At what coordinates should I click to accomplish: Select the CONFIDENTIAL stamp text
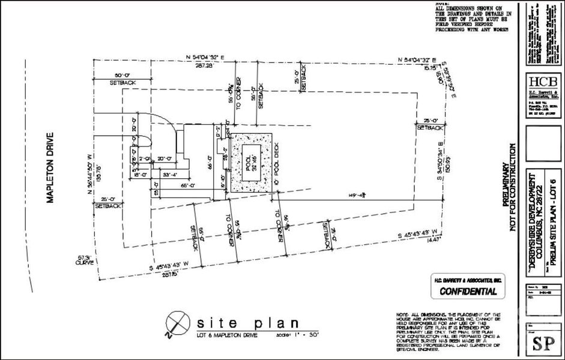pyautogui.click(x=468, y=292)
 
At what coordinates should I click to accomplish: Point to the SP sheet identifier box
pyautogui.click(x=544, y=344)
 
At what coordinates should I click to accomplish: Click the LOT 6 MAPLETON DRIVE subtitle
pyautogui.click(x=228, y=334)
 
